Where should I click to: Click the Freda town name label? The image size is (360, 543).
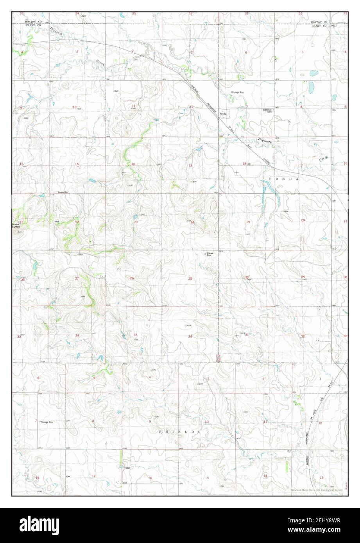click(223, 114)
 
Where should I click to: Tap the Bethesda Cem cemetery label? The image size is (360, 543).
click(268, 111)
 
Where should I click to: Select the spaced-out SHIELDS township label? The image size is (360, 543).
click(180, 432)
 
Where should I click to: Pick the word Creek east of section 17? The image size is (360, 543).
click(324, 159)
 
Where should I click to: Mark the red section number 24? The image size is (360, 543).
click(192, 222)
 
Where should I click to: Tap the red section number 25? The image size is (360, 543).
click(190, 278)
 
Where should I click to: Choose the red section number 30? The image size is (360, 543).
click(247, 277)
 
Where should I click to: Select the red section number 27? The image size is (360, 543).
click(77, 278)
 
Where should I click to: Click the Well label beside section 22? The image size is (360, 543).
click(57, 221)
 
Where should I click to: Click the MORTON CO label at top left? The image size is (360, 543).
click(33, 22)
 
